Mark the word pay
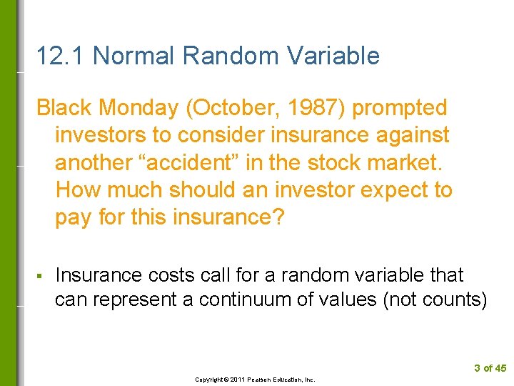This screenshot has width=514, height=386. point(74,218)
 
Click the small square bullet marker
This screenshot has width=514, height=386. point(39,276)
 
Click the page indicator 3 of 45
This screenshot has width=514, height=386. point(489,368)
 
